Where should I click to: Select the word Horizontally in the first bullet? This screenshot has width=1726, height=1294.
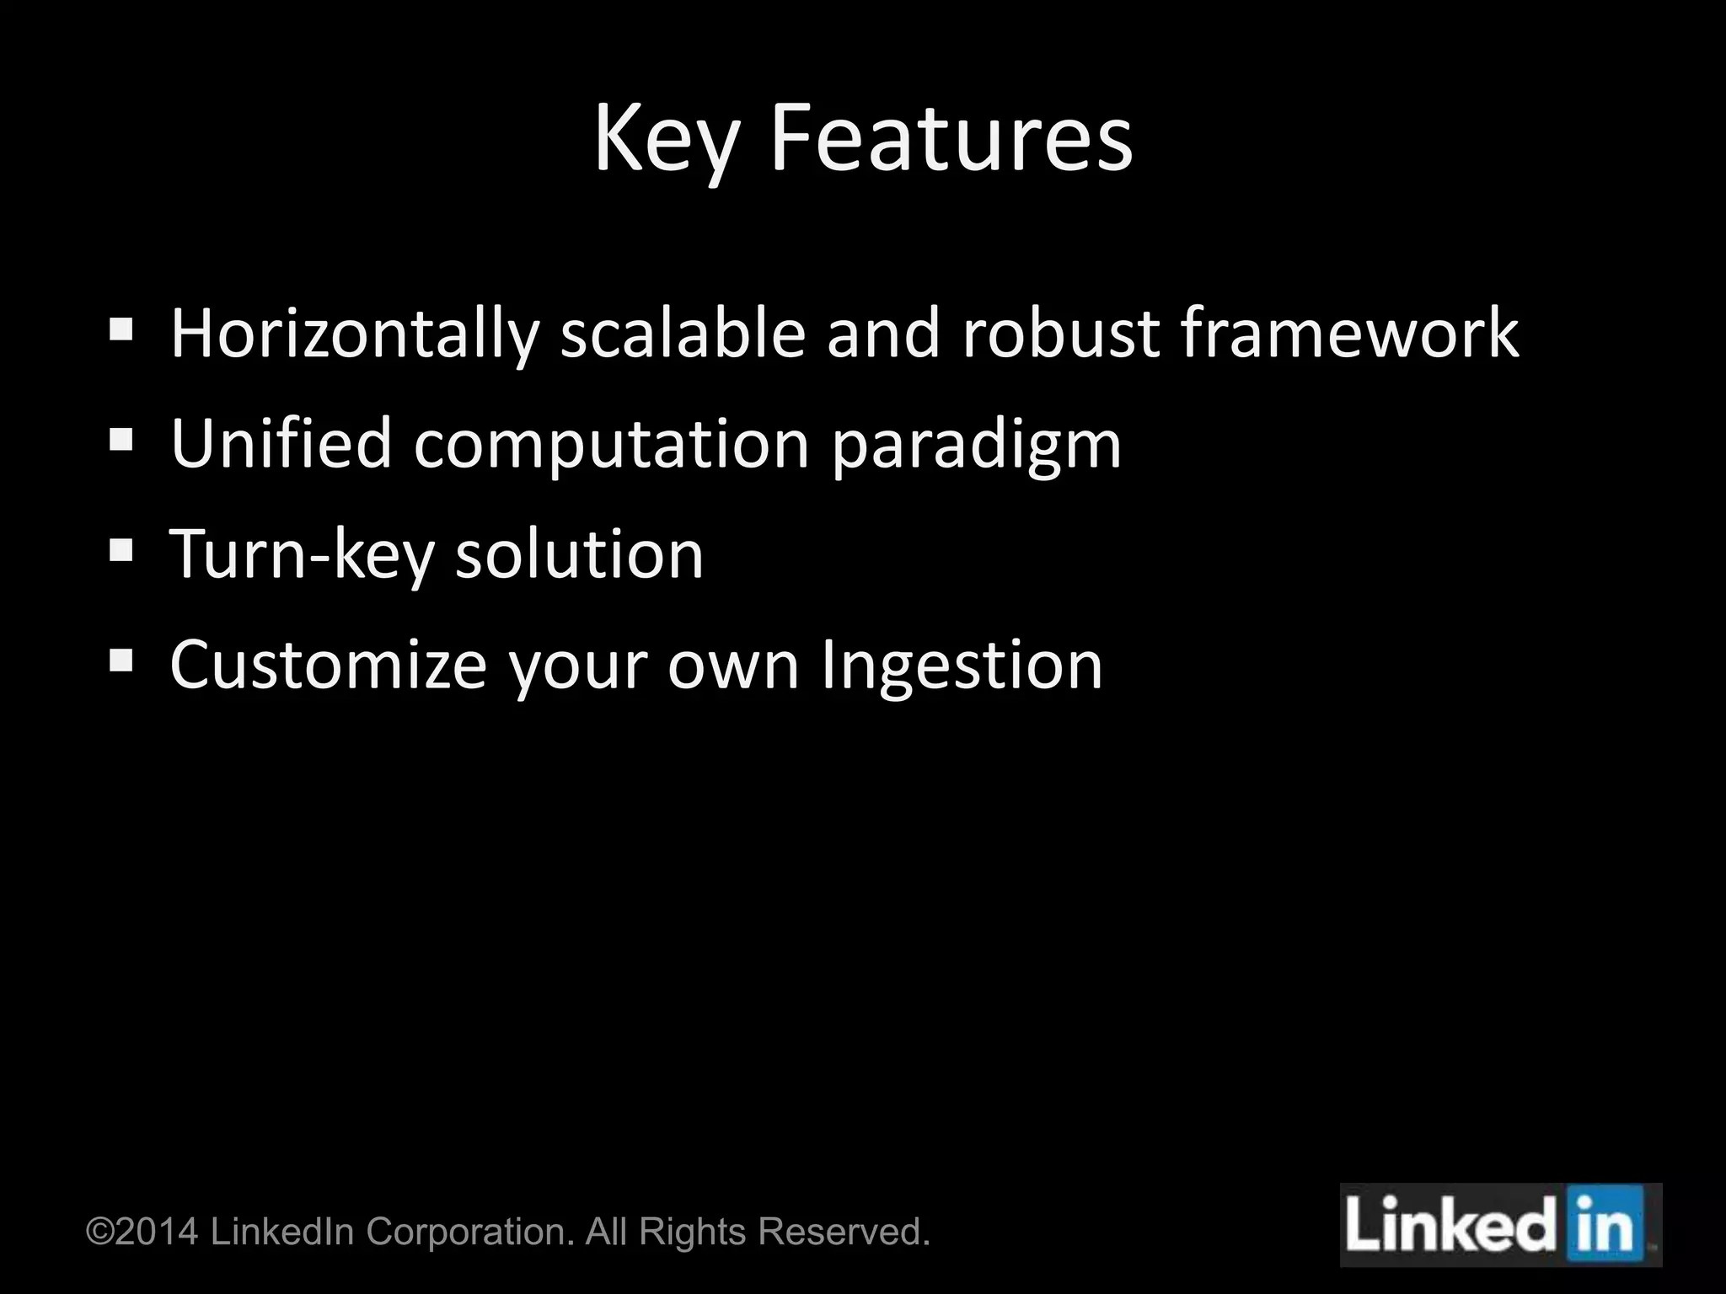click(354, 334)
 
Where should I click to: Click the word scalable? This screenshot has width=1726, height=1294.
click(683, 334)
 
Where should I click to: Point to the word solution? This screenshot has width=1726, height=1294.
click(579, 555)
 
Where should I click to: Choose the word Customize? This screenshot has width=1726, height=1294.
click(329, 666)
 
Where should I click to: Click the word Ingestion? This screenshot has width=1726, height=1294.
click(961, 666)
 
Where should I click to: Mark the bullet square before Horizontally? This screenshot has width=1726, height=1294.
click(121, 329)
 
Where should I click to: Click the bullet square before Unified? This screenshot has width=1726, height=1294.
click(121, 439)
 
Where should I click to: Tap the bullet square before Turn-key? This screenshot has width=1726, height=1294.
click(121, 550)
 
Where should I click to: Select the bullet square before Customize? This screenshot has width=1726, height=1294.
click(121, 660)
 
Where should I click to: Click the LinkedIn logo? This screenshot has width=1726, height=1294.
click(1500, 1225)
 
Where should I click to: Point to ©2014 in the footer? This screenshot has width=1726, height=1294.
click(142, 1232)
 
